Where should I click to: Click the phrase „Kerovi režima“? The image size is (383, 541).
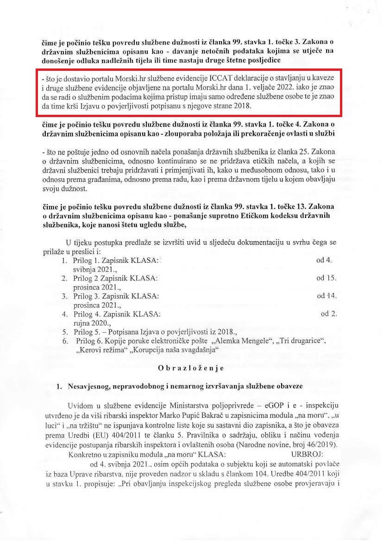click(x=100, y=350)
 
